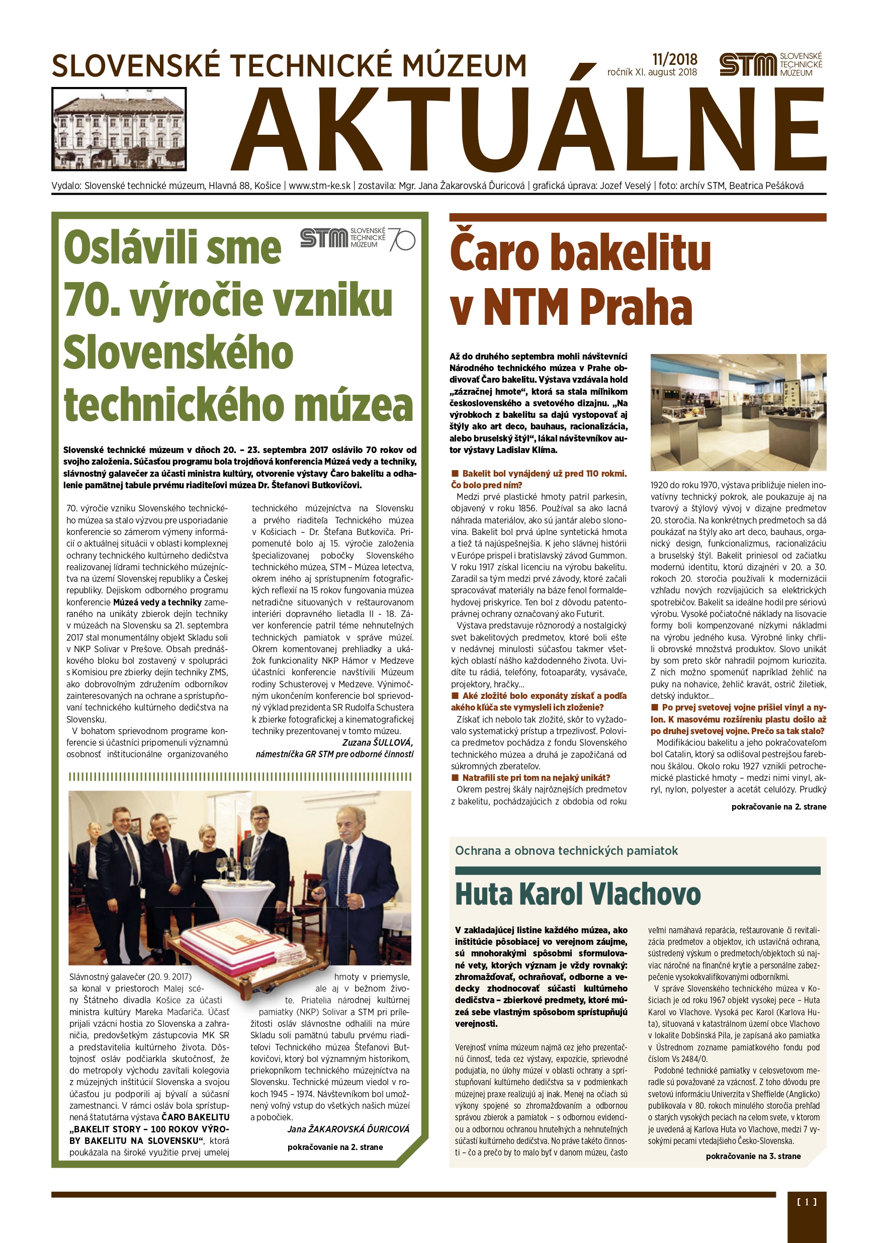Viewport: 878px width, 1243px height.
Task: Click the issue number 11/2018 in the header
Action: pyautogui.click(x=674, y=59)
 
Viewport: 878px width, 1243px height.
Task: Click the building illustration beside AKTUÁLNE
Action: pyautogui.click(x=119, y=129)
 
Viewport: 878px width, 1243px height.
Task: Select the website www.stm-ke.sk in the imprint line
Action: pyautogui.click(x=319, y=186)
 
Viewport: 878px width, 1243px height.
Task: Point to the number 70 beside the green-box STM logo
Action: pyautogui.click(x=402, y=239)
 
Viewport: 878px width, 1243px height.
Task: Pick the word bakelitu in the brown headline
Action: pyautogui.click(x=630, y=253)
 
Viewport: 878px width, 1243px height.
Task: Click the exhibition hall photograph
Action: pyautogui.click(x=738, y=412)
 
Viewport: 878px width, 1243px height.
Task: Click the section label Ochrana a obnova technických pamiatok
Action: pyautogui.click(x=566, y=850)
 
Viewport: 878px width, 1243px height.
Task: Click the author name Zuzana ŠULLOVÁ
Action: pyautogui.click(x=377, y=742)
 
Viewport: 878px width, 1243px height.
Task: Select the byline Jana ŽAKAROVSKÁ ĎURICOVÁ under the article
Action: pyautogui.click(x=348, y=1129)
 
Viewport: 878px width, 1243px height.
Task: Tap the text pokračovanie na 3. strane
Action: pyautogui.click(x=753, y=1156)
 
